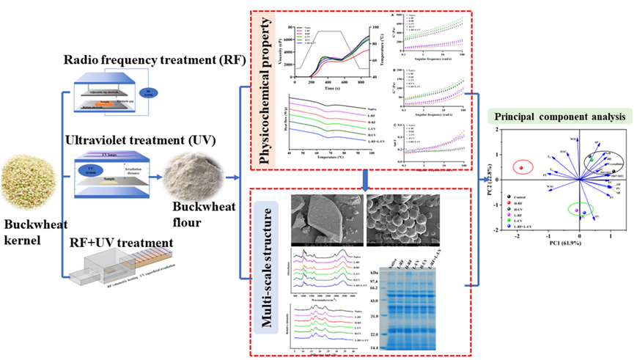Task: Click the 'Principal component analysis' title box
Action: click(561, 116)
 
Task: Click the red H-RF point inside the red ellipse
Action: click(520, 167)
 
